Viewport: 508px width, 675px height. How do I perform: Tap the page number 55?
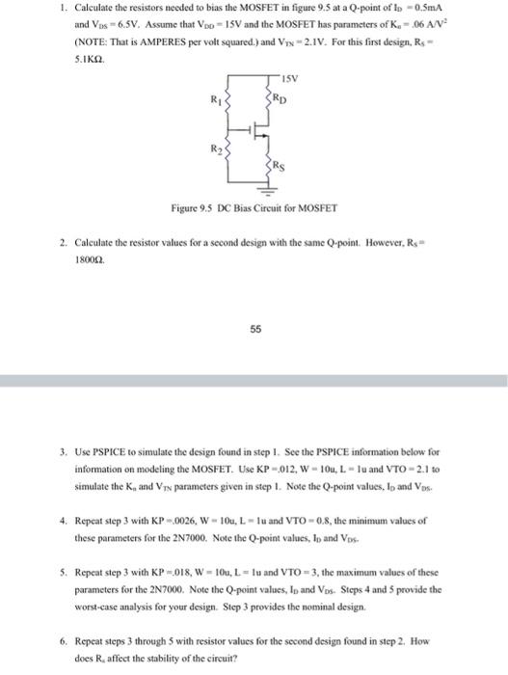pyautogui.click(x=255, y=327)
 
